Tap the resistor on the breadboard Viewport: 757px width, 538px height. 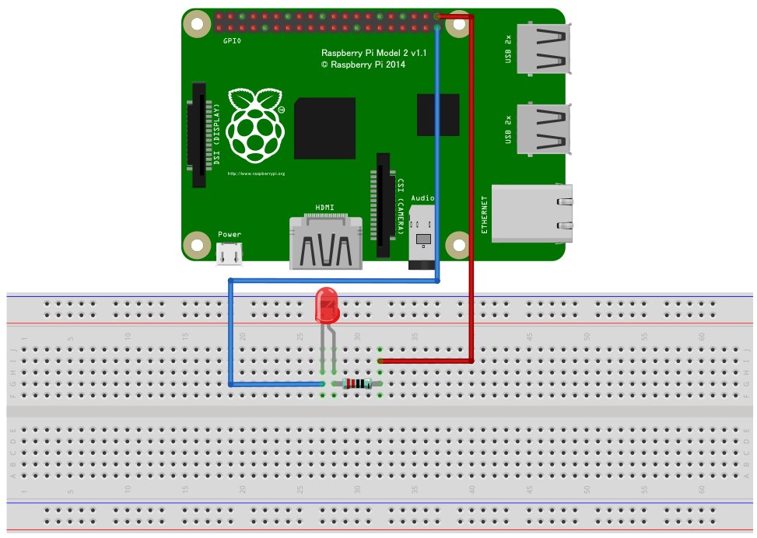(x=357, y=384)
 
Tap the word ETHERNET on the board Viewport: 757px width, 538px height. (x=484, y=215)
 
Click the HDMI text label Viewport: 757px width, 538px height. (x=324, y=208)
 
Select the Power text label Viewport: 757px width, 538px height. (x=230, y=234)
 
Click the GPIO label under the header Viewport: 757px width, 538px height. (x=232, y=40)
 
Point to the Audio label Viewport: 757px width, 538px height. (x=422, y=198)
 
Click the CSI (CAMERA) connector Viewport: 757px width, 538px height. (x=382, y=205)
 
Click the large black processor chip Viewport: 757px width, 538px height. (x=324, y=128)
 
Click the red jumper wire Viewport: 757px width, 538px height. (x=471, y=194)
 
